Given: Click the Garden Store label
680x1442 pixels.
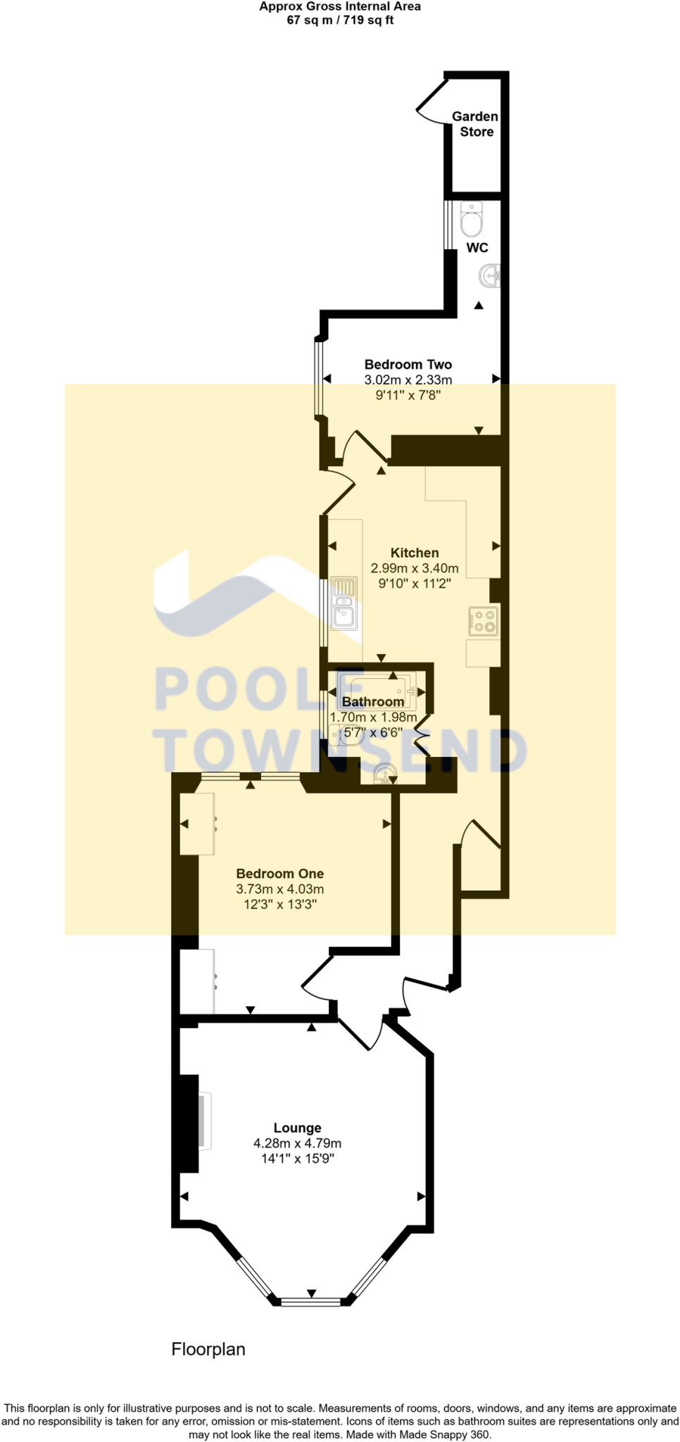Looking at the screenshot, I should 476,124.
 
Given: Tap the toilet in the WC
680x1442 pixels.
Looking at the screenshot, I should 471,219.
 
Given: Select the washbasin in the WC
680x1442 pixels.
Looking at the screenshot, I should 491,275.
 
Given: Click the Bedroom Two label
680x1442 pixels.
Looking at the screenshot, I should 408,365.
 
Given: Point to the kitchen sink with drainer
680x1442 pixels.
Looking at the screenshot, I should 344,603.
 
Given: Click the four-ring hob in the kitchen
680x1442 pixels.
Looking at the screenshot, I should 484,621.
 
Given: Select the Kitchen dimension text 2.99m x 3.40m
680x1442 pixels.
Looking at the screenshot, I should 414,568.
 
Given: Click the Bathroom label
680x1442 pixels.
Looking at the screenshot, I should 373,702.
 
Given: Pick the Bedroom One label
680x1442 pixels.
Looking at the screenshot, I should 279,874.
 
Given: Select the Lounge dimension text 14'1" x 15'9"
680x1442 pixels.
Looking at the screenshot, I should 297,1158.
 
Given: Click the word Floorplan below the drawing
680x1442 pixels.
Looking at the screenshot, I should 208,1349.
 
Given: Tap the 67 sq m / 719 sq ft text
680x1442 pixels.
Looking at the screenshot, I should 340,20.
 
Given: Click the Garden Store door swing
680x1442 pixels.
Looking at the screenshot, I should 431,104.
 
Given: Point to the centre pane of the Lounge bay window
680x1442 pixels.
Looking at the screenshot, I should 311,1301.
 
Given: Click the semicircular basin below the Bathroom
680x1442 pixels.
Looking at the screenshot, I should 384,775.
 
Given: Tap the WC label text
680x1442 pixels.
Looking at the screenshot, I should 477,248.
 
